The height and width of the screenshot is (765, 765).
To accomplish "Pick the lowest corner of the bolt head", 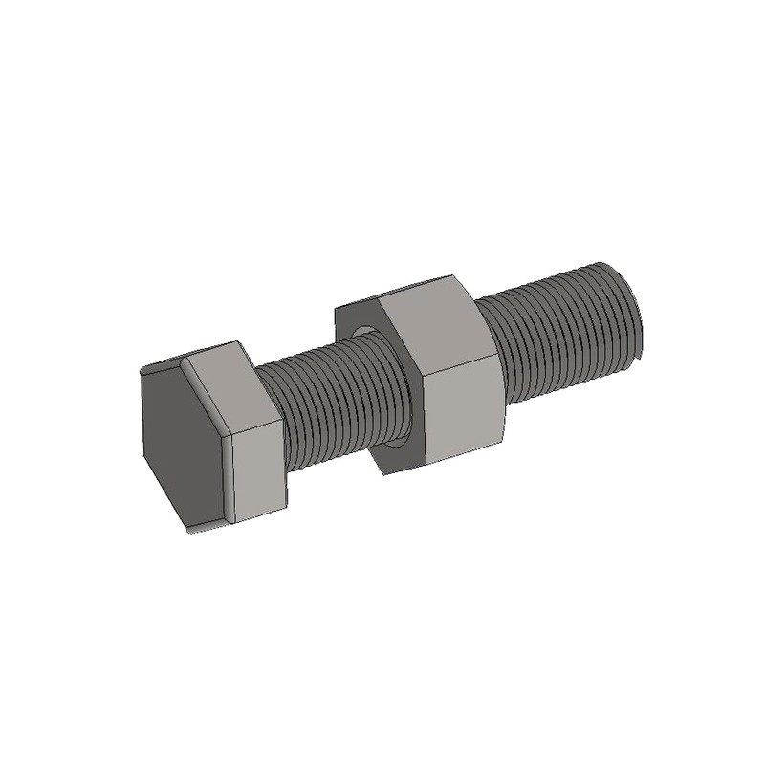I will point(191,532).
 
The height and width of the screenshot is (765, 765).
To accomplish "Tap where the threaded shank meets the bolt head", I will point(284,430).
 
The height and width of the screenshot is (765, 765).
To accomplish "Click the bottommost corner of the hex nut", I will point(387,475).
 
